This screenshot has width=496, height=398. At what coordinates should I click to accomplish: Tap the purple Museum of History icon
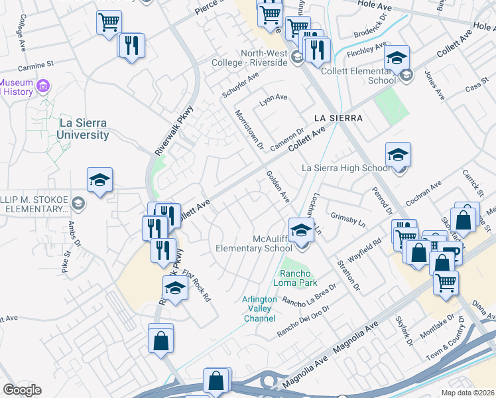point(44,86)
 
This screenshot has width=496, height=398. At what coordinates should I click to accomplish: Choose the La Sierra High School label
point(346,168)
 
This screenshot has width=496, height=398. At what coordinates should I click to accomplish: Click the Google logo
point(22,390)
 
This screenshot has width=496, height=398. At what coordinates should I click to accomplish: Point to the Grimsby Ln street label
point(348,220)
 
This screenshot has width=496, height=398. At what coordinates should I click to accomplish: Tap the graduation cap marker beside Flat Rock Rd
point(175,289)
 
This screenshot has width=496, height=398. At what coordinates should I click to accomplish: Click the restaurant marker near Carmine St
point(132,46)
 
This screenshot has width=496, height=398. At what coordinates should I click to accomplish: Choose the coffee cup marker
point(450,253)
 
